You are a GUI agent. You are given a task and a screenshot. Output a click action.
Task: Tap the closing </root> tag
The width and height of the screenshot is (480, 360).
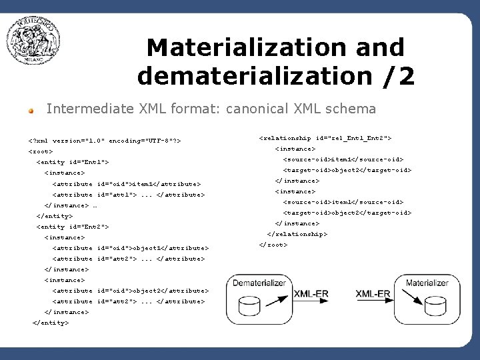(x=273, y=245)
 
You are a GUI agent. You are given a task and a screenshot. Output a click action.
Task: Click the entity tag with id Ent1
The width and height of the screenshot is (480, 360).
(x=73, y=162)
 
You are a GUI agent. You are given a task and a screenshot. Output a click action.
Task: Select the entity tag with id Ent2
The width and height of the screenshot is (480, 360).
(x=73, y=227)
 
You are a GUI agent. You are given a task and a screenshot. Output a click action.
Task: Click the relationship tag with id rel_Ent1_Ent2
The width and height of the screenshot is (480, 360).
(x=325, y=138)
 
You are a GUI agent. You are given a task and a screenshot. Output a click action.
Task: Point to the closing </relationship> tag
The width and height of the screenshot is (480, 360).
(x=297, y=234)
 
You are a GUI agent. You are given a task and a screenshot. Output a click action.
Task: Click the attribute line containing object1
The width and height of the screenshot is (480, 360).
(x=130, y=248)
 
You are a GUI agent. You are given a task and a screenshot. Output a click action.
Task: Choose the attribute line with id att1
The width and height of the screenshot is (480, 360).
(x=128, y=195)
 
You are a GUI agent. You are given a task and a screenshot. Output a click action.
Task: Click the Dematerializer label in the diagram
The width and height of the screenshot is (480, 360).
(x=259, y=283)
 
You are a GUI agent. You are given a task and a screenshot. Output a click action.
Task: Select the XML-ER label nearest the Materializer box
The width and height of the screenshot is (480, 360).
(x=373, y=293)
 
